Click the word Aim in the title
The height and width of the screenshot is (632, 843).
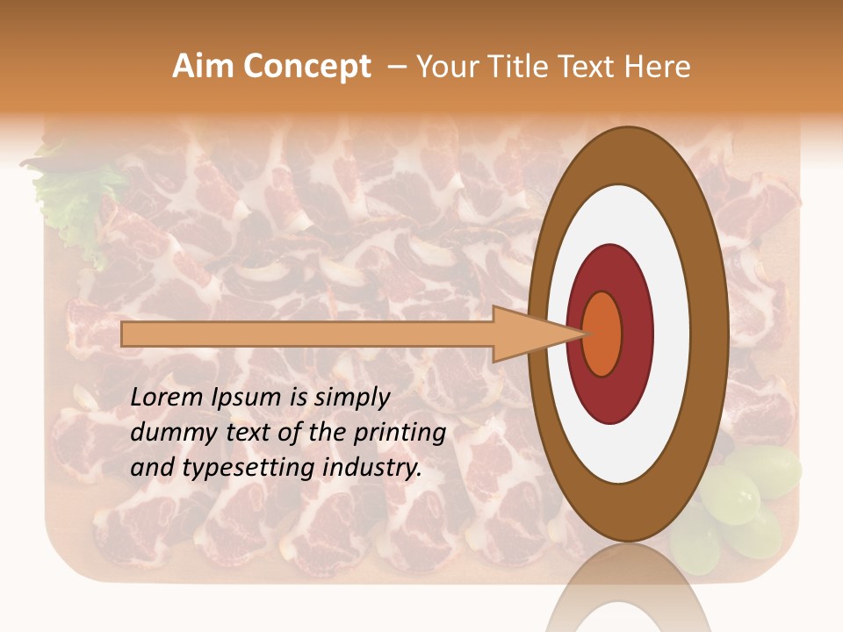coord(204,67)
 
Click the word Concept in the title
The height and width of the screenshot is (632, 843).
coord(307,67)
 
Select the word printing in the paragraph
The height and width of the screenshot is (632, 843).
coord(400,434)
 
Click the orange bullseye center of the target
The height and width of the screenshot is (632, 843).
coord(602,334)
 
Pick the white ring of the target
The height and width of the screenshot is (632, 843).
coord(678,334)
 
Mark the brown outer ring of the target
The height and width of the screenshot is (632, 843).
coord(713,334)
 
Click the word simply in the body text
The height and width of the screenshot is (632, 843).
coord(351,399)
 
